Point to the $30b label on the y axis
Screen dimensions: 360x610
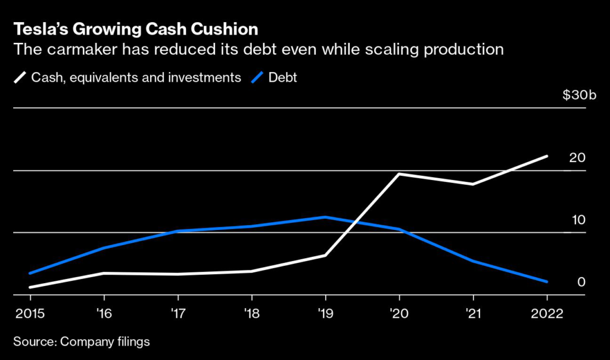(x=574, y=95)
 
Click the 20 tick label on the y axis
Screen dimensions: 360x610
(x=577, y=158)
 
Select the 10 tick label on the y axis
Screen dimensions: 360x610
(x=578, y=220)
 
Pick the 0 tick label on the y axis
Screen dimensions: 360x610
(x=581, y=282)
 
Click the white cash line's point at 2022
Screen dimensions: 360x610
(x=547, y=156)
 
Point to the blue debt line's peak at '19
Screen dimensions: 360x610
(x=325, y=217)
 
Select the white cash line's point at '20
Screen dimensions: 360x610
(x=399, y=174)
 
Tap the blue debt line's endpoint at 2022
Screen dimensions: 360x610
(x=547, y=281)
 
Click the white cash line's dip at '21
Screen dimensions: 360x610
(x=473, y=184)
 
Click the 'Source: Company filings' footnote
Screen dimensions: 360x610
(x=81, y=342)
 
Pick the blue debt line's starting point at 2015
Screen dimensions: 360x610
(x=30, y=273)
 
